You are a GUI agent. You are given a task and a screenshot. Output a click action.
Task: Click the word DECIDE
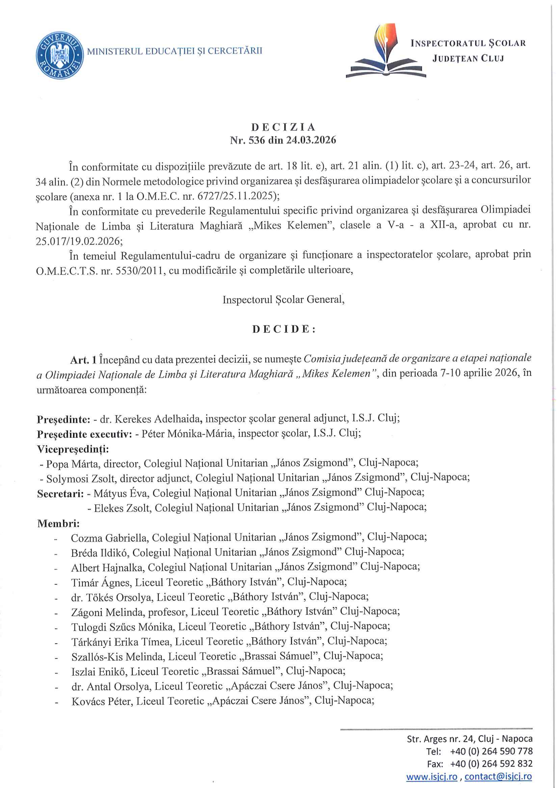click(284, 329)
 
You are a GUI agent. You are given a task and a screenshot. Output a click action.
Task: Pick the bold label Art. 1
click(84, 360)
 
